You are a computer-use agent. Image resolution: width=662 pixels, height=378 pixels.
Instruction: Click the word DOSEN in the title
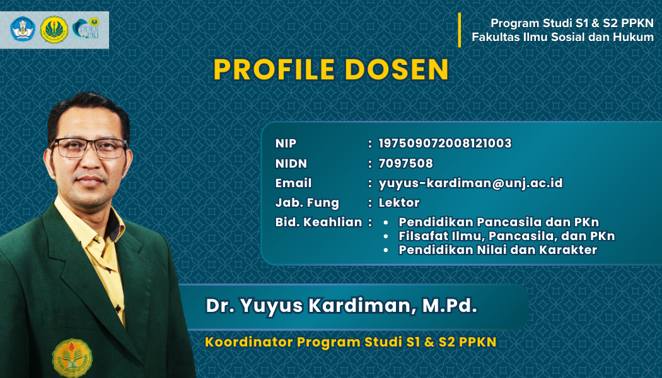(397, 69)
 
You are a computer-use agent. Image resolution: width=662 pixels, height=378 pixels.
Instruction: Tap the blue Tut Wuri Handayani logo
(23, 29)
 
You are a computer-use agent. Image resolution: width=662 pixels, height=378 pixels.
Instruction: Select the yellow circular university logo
(54, 30)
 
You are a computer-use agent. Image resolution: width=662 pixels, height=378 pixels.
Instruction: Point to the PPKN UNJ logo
(86, 29)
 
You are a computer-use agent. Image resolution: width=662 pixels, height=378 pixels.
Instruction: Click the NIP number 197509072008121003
(445, 144)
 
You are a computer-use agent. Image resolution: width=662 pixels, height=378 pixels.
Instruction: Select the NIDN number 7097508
(406, 163)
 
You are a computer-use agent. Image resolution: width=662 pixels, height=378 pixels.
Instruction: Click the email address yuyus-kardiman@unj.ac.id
(471, 183)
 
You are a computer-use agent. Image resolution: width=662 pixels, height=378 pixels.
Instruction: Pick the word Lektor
(399, 202)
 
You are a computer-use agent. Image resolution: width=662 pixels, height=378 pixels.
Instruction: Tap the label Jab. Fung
(307, 203)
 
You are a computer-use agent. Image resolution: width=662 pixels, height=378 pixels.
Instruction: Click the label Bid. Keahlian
(319, 222)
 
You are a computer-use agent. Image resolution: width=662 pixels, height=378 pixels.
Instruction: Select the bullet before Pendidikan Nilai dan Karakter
(386, 250)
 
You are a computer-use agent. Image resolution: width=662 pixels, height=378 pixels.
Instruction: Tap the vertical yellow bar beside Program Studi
(460, 30)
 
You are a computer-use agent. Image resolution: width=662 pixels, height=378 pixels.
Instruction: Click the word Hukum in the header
(633, 37)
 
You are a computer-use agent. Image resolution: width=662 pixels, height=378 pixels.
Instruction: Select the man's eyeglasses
(90, 147)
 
